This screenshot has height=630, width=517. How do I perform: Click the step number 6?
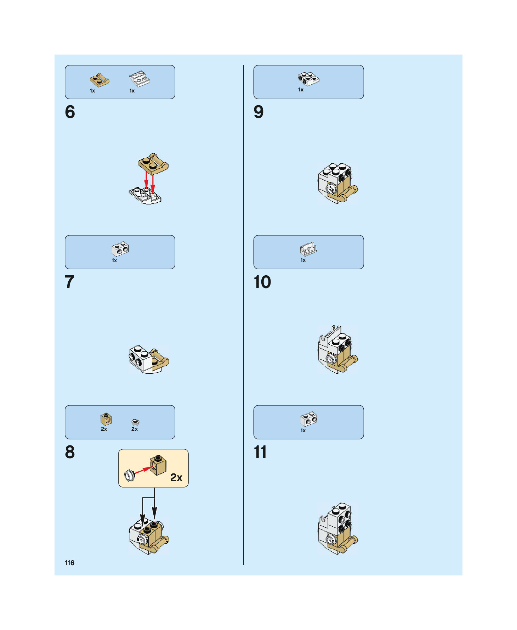(70, 112)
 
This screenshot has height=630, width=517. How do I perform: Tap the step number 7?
(70, 282)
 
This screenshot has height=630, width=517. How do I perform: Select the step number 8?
(70, 452)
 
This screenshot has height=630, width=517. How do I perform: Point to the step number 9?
(258, 112)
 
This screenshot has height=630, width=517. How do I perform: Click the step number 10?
(262, 282)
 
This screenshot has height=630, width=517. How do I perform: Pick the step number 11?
(260, 452)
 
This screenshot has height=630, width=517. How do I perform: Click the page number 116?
(70, 563)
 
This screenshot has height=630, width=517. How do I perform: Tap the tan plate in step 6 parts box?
(100, 80)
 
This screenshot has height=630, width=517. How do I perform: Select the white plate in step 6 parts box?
(140, 79)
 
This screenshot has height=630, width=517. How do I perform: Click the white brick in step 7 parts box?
(120, 249)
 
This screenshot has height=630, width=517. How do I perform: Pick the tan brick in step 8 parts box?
(106, 419)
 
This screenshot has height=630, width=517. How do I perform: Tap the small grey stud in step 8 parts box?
(135, 422)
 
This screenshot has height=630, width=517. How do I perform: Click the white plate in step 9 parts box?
(308, 79)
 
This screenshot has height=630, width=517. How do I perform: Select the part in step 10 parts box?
(308, 249)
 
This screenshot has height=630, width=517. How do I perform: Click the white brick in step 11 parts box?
(309, 419)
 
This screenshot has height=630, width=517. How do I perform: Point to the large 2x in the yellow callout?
(176, 477)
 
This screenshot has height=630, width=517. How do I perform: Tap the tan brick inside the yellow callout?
(158, 465)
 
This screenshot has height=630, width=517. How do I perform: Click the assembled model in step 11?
(338, 528)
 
